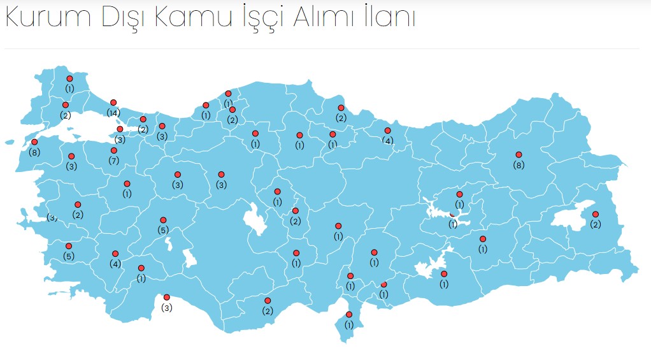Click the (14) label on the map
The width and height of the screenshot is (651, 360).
pos(113,113)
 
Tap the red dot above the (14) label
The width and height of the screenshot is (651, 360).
pos(113,103)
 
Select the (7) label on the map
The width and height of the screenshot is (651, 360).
pos(114,161)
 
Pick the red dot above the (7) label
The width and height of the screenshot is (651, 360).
pos(114,151)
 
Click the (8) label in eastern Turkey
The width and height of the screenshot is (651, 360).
pos(519,165)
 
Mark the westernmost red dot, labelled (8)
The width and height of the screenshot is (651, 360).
pos(34,142)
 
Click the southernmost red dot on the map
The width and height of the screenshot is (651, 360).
pos(349,314)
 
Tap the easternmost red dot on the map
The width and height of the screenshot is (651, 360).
pos(596,214)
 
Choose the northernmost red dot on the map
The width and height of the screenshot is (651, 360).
pos(69,78)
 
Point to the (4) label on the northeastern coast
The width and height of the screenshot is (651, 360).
pos(387,140)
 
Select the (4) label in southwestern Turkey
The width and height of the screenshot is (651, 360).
pos(115,264)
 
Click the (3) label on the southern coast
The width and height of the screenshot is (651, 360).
pos(167,308)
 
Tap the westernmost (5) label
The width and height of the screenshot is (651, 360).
pos(69,256)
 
